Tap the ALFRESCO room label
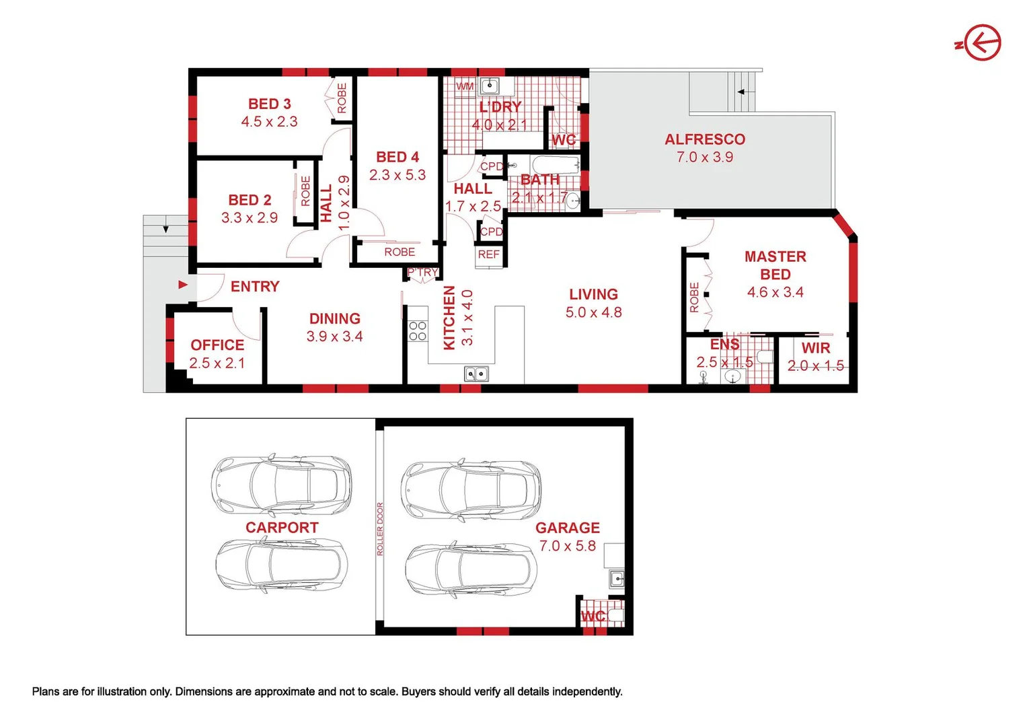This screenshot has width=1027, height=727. tap(705, 139)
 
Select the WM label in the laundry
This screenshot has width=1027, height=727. tap(465, 86)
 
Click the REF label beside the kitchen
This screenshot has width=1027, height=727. tap(489, 254)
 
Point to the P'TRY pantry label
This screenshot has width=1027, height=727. tap(423, 272)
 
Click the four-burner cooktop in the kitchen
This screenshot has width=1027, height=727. tap(418, 331)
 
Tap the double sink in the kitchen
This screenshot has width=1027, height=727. tap(476, 374)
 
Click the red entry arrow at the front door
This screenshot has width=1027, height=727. tap(183, 285)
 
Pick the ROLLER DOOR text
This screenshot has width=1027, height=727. tap(379, 528)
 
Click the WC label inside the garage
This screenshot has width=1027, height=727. tap(593, 616)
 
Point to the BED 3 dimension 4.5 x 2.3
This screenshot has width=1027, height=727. tap(269, 122)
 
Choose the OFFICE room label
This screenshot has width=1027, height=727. tap(217, 345)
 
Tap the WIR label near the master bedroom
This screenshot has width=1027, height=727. tap(816, 348)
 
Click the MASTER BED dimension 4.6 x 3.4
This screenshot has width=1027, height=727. tap(775, 292)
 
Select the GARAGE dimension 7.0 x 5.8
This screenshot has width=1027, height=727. tap(568, 546)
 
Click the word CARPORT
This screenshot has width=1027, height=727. tap(282, 527)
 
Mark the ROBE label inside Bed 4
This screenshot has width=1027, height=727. tap(400, 252)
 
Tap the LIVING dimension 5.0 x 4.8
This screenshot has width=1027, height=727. tap(593, 312)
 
